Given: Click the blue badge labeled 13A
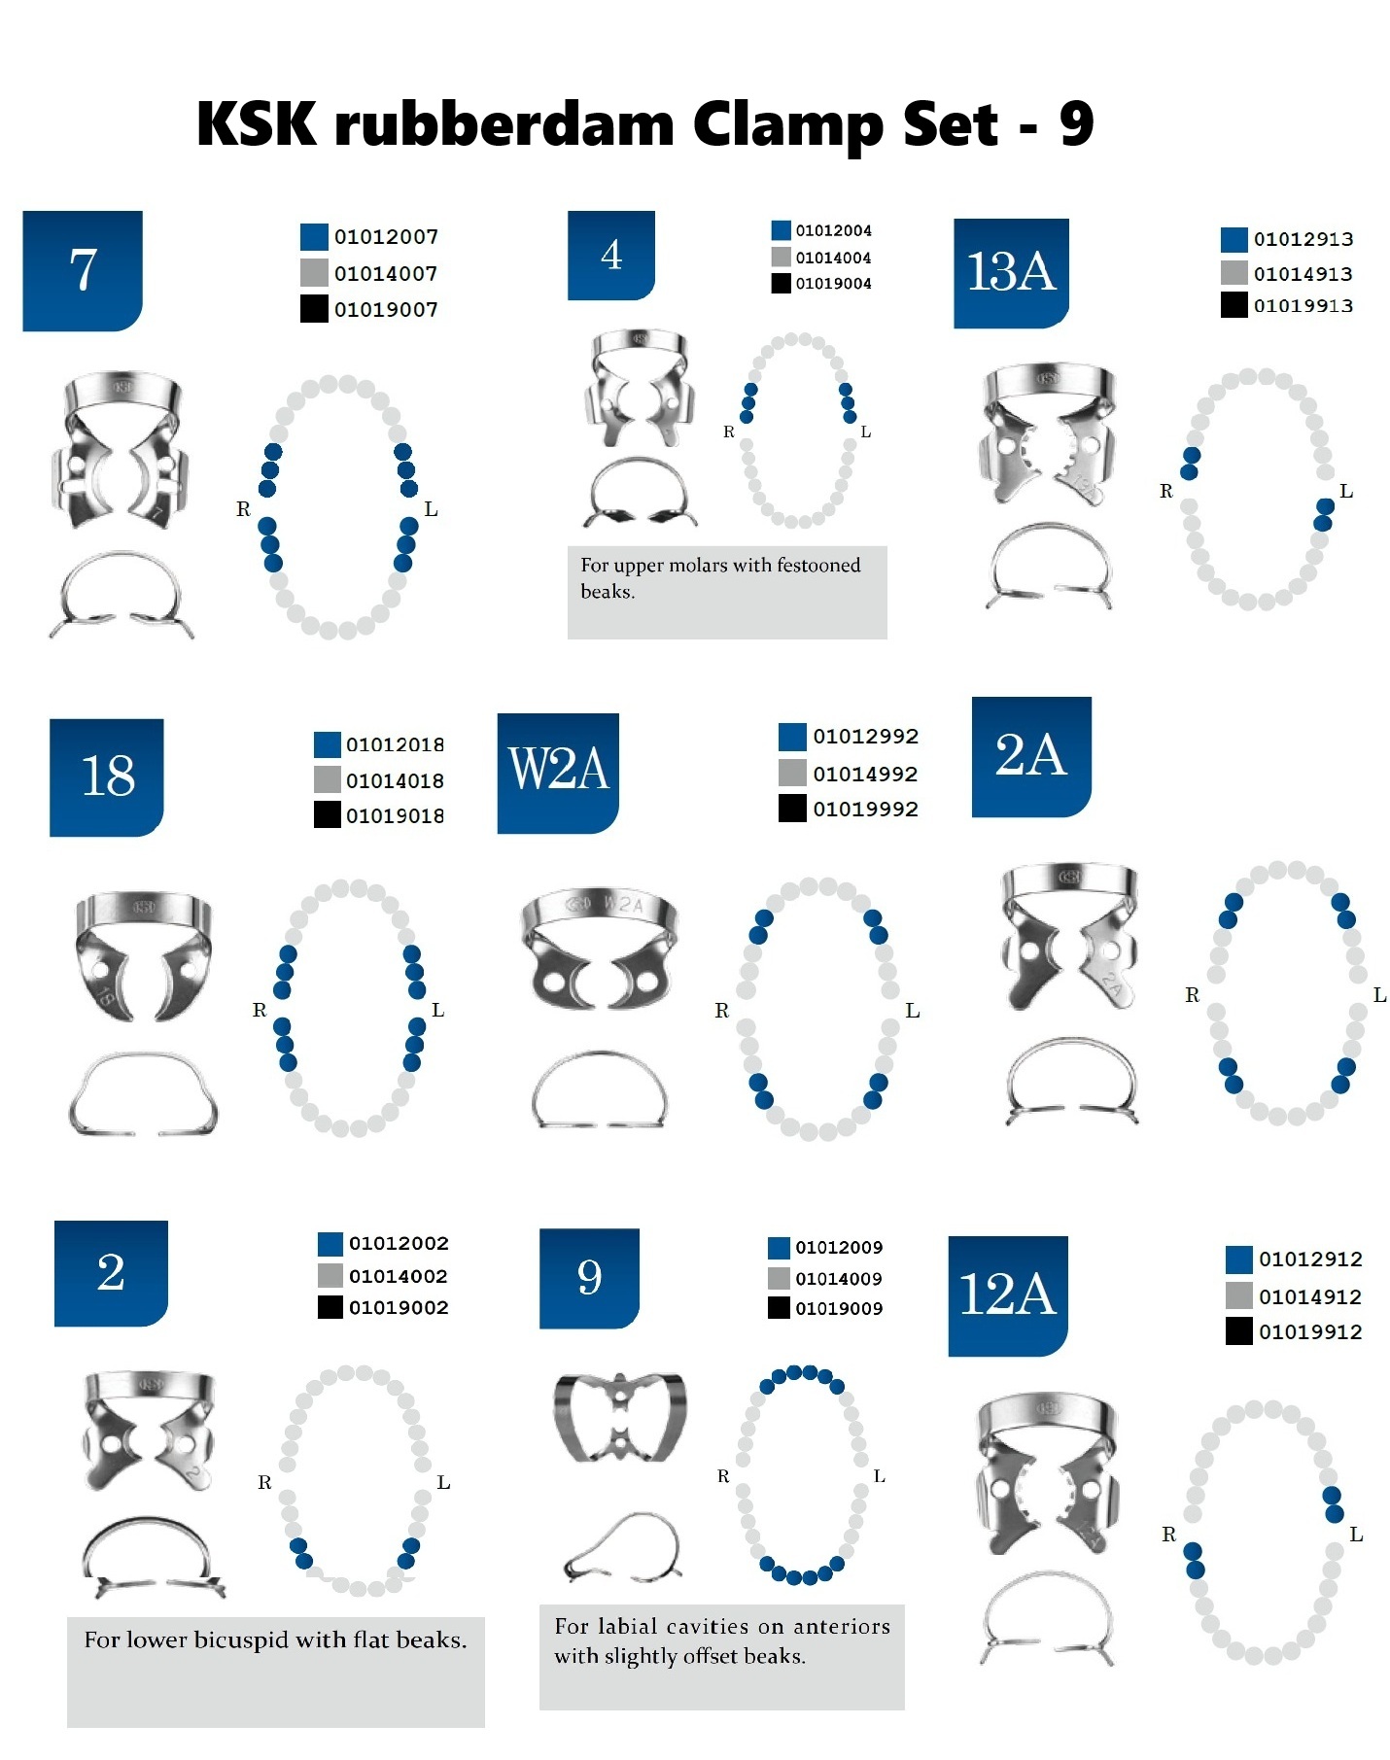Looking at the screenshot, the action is pyautogui.click(x=1011, y=273).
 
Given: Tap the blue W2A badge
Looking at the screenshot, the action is pyautogui.click(x=558, y=773).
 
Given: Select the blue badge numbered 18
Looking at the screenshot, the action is pyautogui.click(x=107, y=777).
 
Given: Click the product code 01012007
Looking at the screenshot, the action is pyautogui.click(x=386, y=237).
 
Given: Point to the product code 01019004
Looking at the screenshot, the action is pyautogui.click(x=833, y=284).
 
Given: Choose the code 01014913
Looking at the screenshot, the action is pyautogui.click(x=1303, y=274).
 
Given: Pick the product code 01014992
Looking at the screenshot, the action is pyautogui.click(x=865, y=774).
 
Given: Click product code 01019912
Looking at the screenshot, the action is pyautogui.click(x=1310, y=1332).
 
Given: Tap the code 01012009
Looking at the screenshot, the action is pyautogui.click(x=839, y=1248).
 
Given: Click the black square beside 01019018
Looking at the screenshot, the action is pyautogui.click(x=328, y=814).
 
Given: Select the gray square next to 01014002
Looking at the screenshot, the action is pyautogui.click(x=330, y=1275).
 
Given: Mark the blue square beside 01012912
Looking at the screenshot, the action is pyautogui.click(x=1239, y=1260).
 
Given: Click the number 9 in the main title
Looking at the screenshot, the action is pyautogui.click(x=1076, y=124).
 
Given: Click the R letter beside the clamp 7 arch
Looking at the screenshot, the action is pyautogui.click(x=243, y=509).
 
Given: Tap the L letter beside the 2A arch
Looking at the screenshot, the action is pyautogui.click(x=1379, y=995).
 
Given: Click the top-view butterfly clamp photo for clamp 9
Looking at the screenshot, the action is pyautogui.click(x=620, y=1417).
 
